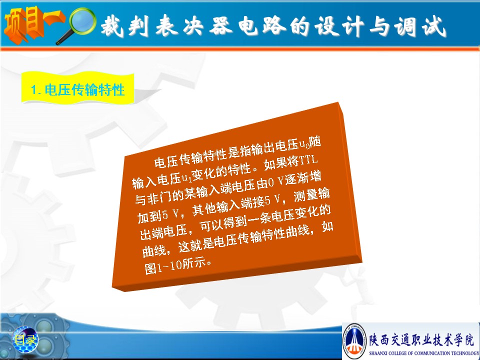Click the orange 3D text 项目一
(x=33, y=24)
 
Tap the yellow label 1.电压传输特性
(x=78, y=89)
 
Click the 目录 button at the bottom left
(x=25, y=339)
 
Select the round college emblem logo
(x=354, y=341)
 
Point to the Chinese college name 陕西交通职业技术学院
(x=421, y=339)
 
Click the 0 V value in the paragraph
(x=275, y=182)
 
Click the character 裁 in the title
(x=112, y=26)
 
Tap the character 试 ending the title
(x=434, y=26)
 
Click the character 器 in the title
(x=220, y=25)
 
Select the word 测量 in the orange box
(x=305, y=196)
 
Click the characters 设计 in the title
(x=339, y=26)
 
